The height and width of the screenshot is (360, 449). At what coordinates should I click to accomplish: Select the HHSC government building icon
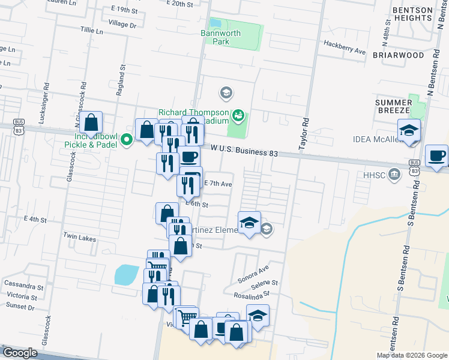394,175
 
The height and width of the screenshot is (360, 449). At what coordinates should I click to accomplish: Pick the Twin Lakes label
79,238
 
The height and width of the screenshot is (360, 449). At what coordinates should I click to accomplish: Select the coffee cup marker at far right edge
436,157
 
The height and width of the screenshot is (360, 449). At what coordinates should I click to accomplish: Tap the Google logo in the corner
19,353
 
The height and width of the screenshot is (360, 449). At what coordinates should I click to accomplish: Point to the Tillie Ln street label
91,29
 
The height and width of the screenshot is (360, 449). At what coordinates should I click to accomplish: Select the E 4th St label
35,220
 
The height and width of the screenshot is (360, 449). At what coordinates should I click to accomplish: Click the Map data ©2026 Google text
411,355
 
